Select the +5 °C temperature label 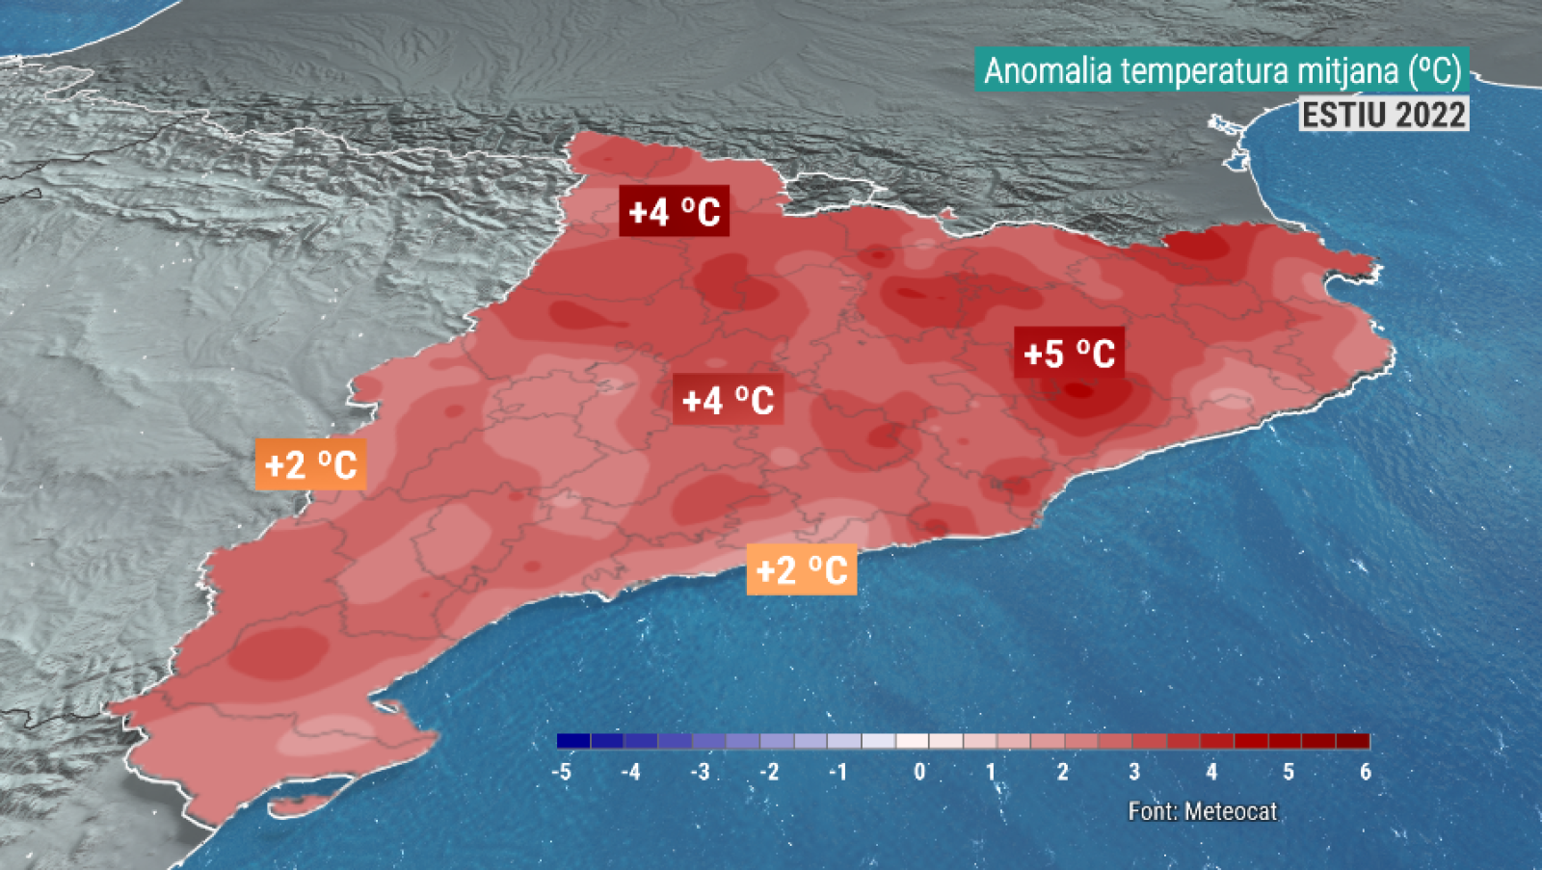pos(1069,354)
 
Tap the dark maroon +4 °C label pos(674,211)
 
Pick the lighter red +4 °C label pos(728,400)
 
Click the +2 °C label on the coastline pos(802,569)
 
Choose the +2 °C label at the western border pos(310,465)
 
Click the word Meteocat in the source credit pos(1231,811)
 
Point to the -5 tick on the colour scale pos(561,772)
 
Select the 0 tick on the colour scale pos(919,772)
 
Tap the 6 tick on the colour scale pos(1365,772)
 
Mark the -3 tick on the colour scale pos(700,772)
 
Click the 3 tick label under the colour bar pos(1134,772)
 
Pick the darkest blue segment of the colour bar pos(573,741)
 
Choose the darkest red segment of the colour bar pos(1353,741)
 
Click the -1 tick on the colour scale pos(838,772)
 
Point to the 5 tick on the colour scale pos(1289,772)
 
